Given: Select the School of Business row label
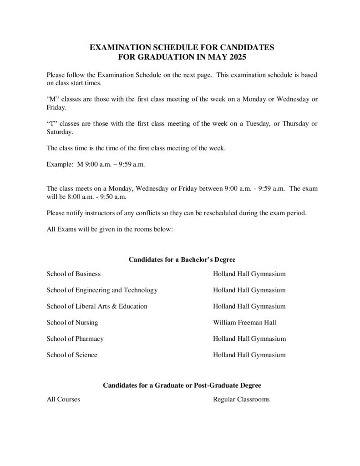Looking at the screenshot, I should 73,274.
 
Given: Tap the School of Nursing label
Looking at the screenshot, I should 72,323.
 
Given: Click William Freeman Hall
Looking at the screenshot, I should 244,323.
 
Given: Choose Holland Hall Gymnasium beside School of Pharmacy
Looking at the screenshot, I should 249,339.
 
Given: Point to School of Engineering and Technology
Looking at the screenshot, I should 102,290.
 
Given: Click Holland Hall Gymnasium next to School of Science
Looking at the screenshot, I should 249,355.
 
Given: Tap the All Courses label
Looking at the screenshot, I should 63,399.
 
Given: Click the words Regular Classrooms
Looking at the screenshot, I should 241,399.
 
